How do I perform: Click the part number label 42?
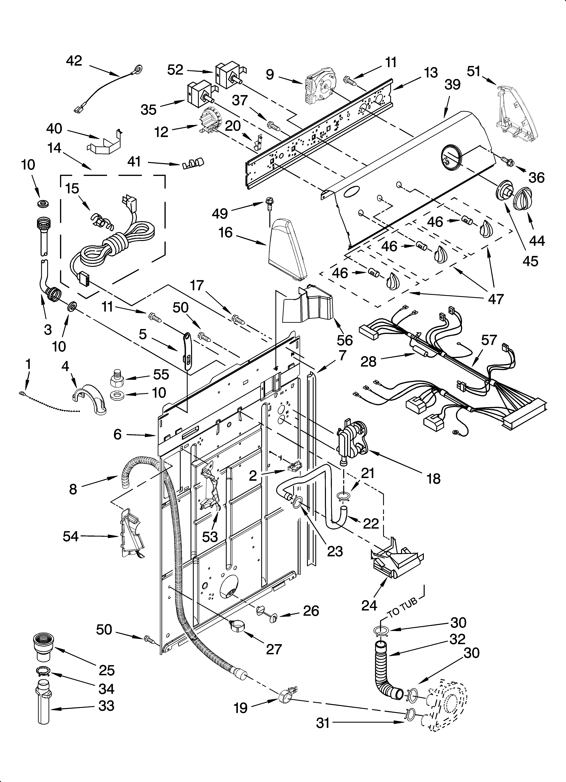click(74, 61)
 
